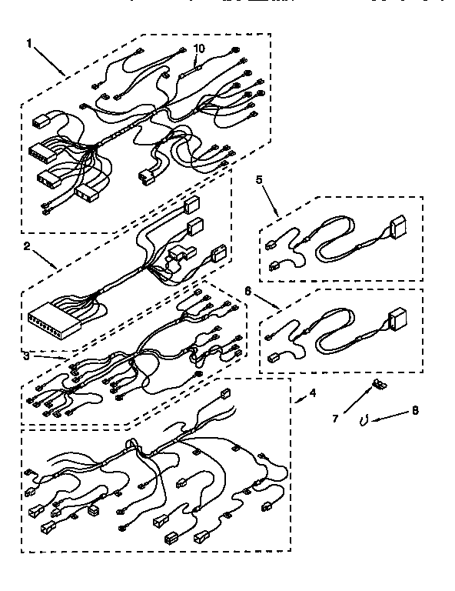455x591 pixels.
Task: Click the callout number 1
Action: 29,44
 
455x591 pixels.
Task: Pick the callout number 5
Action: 259,182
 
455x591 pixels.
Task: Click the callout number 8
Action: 415,411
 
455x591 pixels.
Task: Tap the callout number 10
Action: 199,48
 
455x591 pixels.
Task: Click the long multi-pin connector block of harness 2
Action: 51,316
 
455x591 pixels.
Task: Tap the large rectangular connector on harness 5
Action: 399,228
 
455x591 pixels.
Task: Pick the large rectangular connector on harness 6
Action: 398,318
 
